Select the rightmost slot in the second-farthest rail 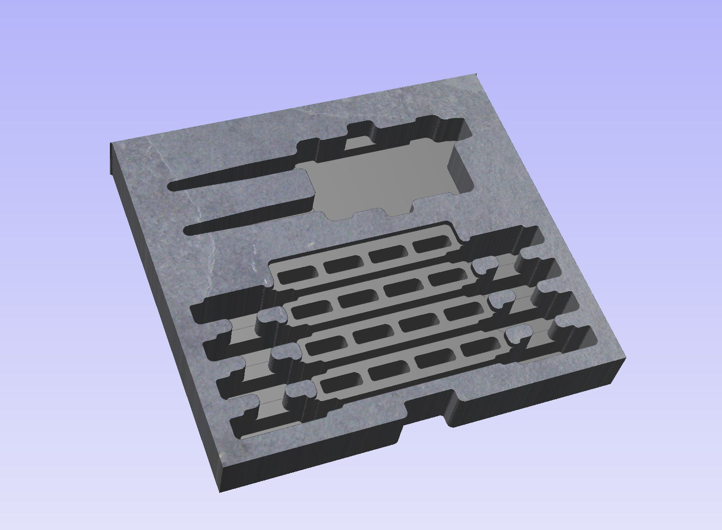coord(445,279)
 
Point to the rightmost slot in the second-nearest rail coord(461,312)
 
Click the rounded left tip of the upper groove coord(172,187)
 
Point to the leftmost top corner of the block coord(111,145)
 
